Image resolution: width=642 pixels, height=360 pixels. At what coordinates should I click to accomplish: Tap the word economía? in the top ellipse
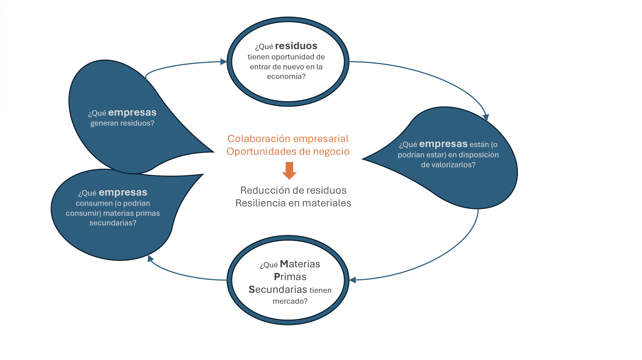[x=286, y=76]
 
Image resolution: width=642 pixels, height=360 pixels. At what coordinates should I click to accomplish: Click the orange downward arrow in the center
[x=289, y=170]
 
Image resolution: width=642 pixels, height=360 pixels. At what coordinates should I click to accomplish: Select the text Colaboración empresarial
[x=288, y=139]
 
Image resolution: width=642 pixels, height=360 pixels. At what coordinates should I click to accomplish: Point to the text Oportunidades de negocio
[x=288, y=151]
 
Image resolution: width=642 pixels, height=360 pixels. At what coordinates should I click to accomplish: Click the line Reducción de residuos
[x=293, y=190]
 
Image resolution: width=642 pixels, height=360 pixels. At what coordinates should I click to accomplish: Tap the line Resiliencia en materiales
[x=293, y=203]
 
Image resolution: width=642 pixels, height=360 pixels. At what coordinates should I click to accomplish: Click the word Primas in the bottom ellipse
[x=290, y=277]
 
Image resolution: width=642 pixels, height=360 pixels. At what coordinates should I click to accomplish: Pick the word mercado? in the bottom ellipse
[x=290, y=301]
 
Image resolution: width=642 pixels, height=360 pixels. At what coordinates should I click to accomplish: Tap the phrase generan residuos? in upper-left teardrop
[x=122, y=123]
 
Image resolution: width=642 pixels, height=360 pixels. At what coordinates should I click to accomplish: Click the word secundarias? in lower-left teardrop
[x=113, y=223]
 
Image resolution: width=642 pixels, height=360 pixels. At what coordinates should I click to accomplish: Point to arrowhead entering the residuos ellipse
[x=223, y=62]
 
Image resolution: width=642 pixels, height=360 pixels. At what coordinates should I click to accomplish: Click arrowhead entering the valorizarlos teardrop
[x=486, y=118]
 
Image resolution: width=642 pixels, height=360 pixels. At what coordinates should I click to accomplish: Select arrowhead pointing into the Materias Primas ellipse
[x=353, y=280]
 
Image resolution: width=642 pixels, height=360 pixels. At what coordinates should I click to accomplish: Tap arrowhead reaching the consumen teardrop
[x=151, y=258]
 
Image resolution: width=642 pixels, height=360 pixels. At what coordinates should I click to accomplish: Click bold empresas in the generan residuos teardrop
[x=132, y=113]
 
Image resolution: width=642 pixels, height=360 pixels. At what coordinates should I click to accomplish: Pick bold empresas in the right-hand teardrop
[x=443, y=144]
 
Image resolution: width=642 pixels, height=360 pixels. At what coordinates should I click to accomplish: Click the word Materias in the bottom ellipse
[x=300, y=264]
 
